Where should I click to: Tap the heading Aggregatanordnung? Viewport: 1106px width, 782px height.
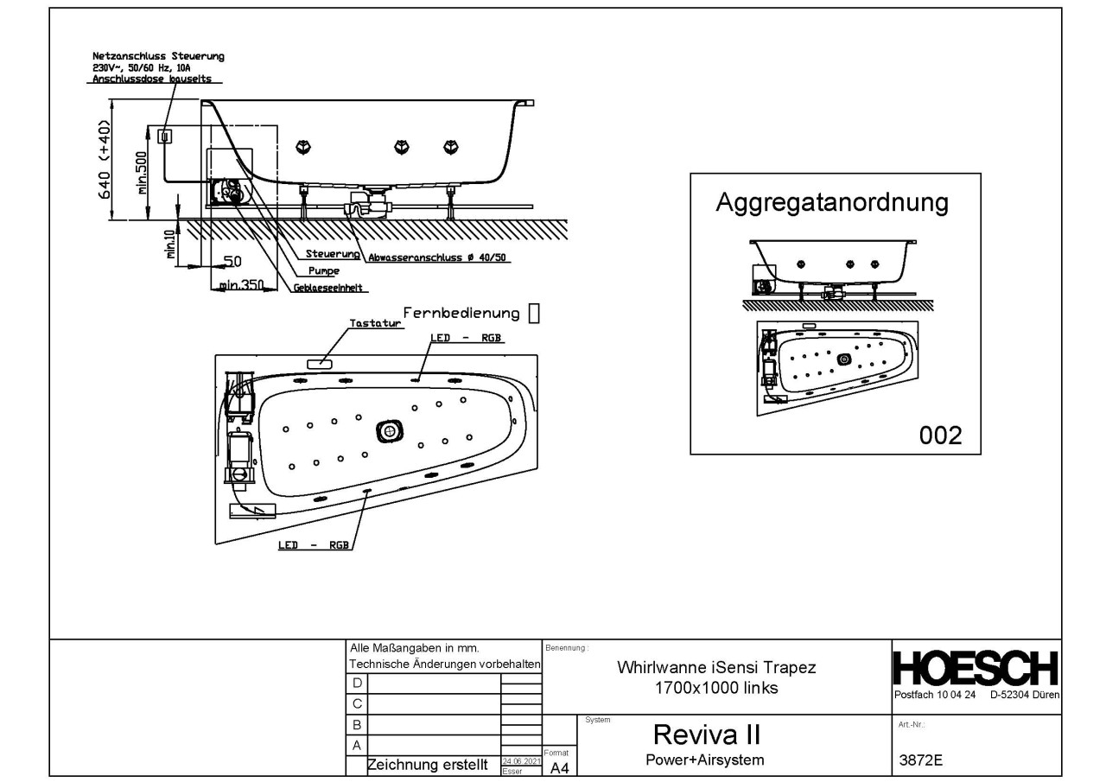coord(832,204)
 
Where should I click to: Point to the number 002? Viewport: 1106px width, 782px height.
coord(940,435)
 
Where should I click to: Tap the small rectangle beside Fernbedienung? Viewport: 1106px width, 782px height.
coord(533,312)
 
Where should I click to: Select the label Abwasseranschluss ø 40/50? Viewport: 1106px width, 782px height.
coord(436,257)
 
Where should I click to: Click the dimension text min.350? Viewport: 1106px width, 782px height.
coord(241,284)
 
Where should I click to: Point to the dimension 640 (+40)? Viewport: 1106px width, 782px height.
coord(105,160)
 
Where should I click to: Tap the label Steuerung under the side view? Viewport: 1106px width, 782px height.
coord(333,254)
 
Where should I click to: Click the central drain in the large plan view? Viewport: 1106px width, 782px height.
coord(390,430)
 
